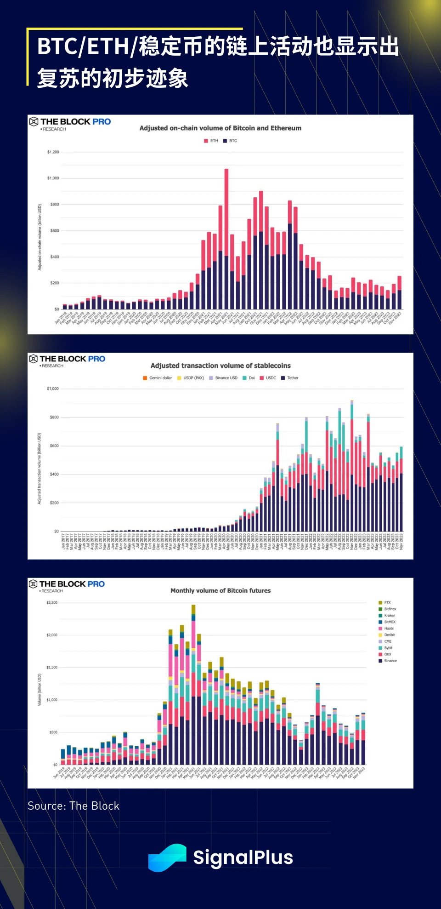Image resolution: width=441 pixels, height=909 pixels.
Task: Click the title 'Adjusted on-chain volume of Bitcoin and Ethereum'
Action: (x=220, y=128)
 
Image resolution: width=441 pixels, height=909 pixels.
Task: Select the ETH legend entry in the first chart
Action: (x=211, y=141)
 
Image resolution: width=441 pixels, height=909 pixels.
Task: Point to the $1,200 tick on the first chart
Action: (x=53, y=152)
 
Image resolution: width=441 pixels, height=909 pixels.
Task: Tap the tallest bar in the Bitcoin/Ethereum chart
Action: (x=226, y=239)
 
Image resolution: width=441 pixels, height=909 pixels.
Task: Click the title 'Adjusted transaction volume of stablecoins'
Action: (x=220, y=366)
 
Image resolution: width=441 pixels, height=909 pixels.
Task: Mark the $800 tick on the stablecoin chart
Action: (x=54, y=417)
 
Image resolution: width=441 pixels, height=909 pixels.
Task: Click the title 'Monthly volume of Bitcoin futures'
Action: (x=220, y=591)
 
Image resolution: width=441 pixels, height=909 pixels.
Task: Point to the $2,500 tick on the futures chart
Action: (x=52, y=602)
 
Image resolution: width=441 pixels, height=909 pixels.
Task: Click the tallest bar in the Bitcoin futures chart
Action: (x=193, y=685)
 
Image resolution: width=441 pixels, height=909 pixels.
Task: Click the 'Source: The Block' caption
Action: (x=73, y=806)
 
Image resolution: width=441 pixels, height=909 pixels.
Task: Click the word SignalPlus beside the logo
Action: (x=243, y=858)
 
